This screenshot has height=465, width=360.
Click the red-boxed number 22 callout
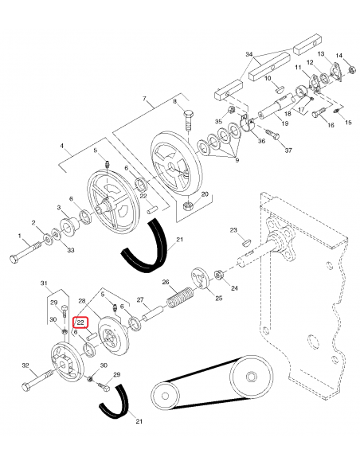point(80,322)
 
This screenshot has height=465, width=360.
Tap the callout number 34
point(249,55)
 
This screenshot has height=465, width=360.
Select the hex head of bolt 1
point(14,259)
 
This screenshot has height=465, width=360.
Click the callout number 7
point(144,98)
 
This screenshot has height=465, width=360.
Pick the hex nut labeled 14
point(352,70)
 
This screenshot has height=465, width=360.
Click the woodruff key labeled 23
point(246,243)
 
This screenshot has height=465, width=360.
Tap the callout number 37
point(288,150)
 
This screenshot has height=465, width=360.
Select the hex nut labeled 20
point(187,205)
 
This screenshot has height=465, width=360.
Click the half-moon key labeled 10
point(280,88)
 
